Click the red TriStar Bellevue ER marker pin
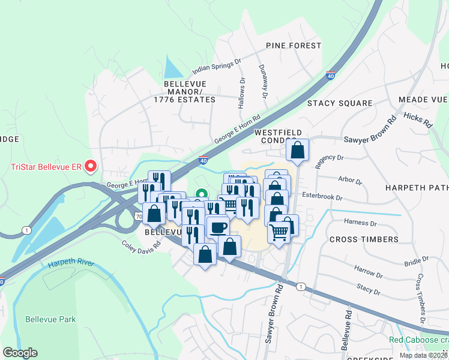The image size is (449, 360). coord(91,165)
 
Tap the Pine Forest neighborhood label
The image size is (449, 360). coord(294,46)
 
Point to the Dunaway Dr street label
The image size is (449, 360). coord(263,82)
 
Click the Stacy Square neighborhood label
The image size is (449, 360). coord(340,103)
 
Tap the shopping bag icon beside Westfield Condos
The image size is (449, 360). coord(297,151)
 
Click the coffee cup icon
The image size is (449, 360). coord(217,227)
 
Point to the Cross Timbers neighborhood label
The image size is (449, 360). coord(364,239)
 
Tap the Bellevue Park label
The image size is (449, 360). coord(50,319)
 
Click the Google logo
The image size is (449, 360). coord(20,353)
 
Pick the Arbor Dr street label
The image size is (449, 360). coord(351,180)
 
